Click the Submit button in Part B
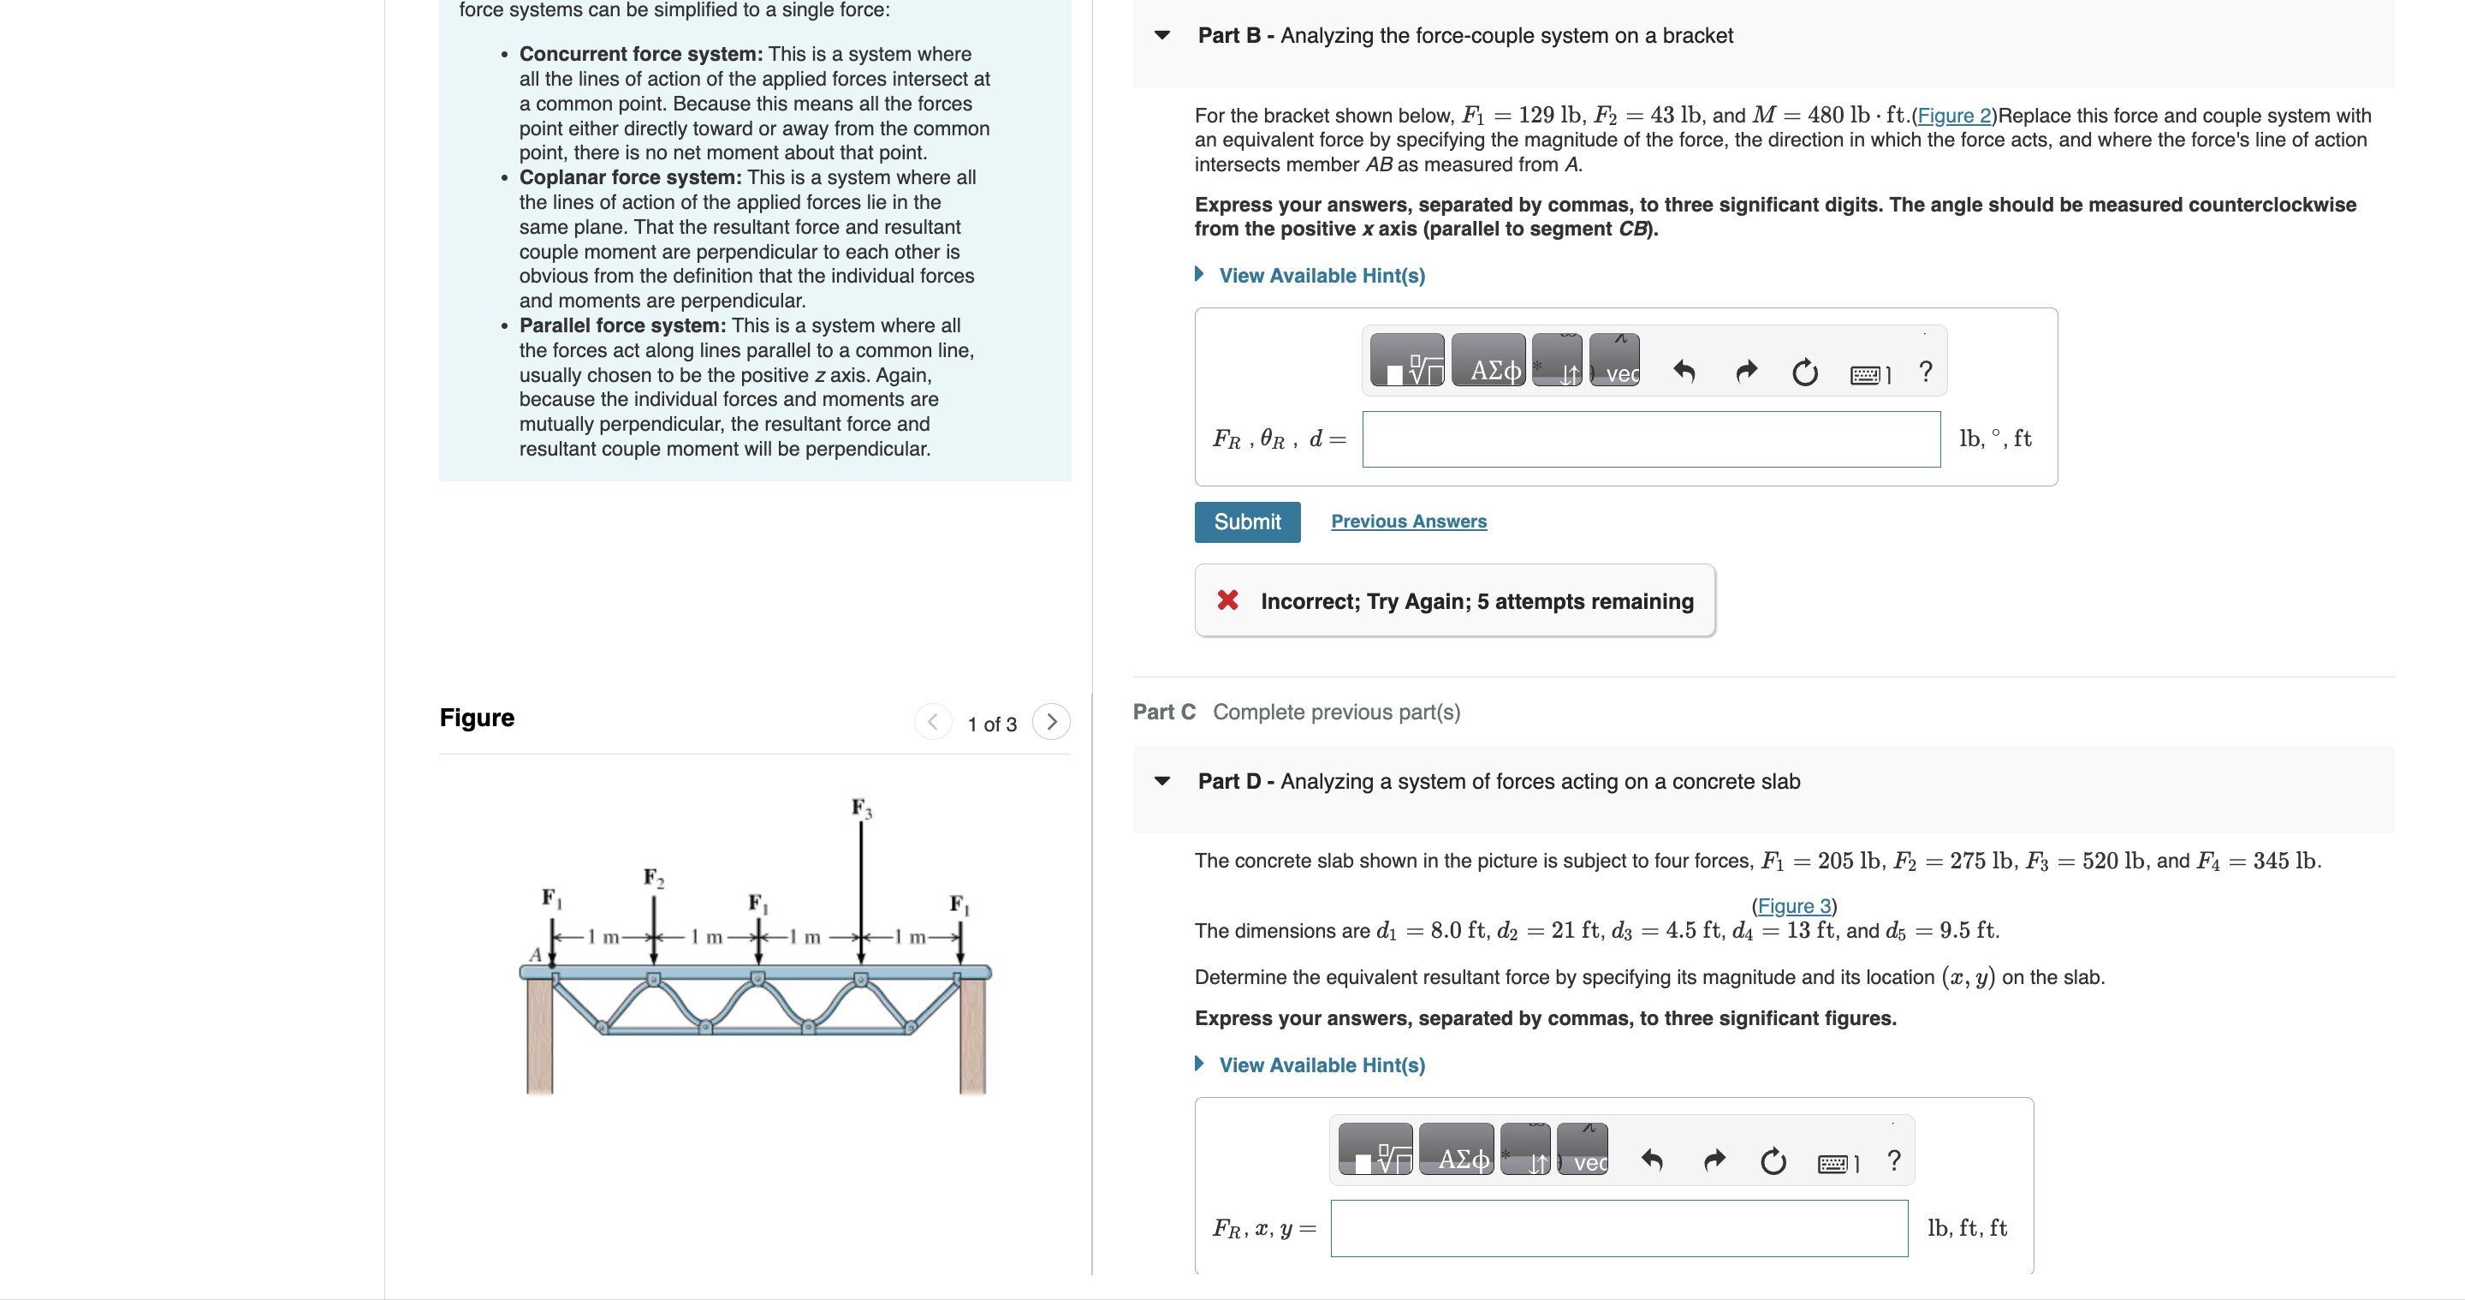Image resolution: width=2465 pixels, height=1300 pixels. pyautogui.click(x=1246, y=522)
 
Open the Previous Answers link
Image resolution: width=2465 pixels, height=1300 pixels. pyautogui.click(x=1408, y=522)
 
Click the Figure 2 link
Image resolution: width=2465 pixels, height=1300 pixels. pyautogui.click(x=1953, y=116)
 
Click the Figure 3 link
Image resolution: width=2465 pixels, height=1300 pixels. pyautogui.click(x=1793, y=905)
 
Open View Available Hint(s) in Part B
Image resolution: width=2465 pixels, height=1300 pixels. pyautogui.click(x=1321, y=276)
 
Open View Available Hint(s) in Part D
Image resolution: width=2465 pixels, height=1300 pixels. pyautogui.click(x=1321, y=1065)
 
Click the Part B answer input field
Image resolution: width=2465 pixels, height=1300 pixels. pyautogui.click(x=1651, y=439)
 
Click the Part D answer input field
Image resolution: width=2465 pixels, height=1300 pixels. pyautogui.click(x=1619, y=1228)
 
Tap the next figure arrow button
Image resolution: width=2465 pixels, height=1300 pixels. pyautogui.click(x=1051, y=722)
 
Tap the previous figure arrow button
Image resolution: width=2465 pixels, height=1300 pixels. pyautogui.click(x=932, y=722)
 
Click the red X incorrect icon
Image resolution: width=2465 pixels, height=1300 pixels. pyautogui.click(x=1227, y=600)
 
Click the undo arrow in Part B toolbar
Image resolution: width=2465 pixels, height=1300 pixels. pyautogui.click(x=1684, y=372)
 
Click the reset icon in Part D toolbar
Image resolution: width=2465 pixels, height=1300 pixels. pyautogui.click(x=1773, y=1161)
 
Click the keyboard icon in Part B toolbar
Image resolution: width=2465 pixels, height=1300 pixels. pyautogui.click(x=1868, y=374)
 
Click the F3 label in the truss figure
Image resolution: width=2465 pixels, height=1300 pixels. pyautogui.click(x=861, y=808)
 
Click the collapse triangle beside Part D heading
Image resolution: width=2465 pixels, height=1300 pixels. pyautogui.click(x=1161, y=781)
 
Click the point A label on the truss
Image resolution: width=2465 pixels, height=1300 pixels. pyautogui.click(x=536, y=954)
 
